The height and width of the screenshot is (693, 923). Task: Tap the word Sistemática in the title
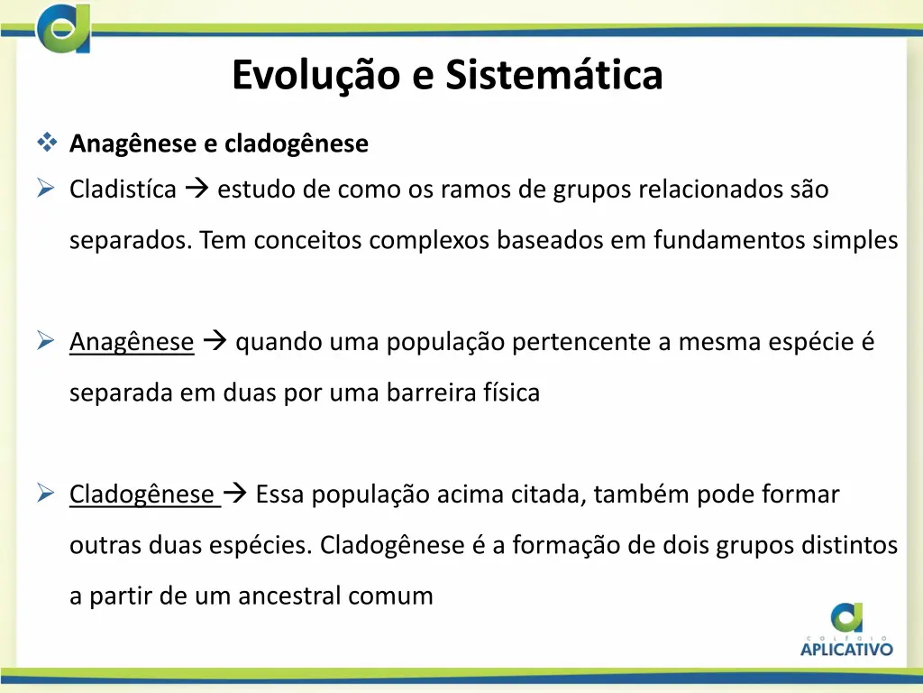[x=553, y=76]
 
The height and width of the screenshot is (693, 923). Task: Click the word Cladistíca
[x=123, y=190]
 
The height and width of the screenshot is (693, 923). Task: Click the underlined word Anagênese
[x=132, y=343]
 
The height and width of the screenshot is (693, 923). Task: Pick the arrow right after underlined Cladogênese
[x=234, y=494]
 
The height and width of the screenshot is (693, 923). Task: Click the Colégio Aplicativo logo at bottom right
[x=846, y=630]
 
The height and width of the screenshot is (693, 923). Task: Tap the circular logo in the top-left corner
[x=63, y=28]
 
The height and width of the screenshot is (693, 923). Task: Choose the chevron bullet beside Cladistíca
[x=47, y=189]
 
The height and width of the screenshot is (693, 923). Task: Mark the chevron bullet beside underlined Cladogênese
[x=47, y=494]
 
